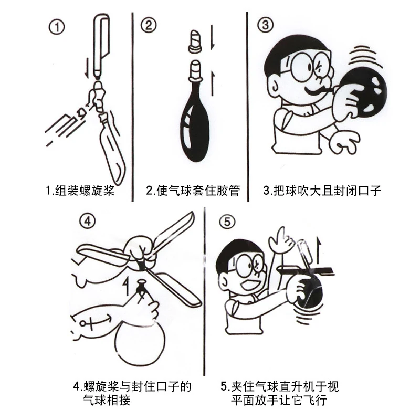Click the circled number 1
56,26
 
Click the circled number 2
149,25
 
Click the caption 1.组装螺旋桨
80,190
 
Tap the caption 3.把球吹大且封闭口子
322,190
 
